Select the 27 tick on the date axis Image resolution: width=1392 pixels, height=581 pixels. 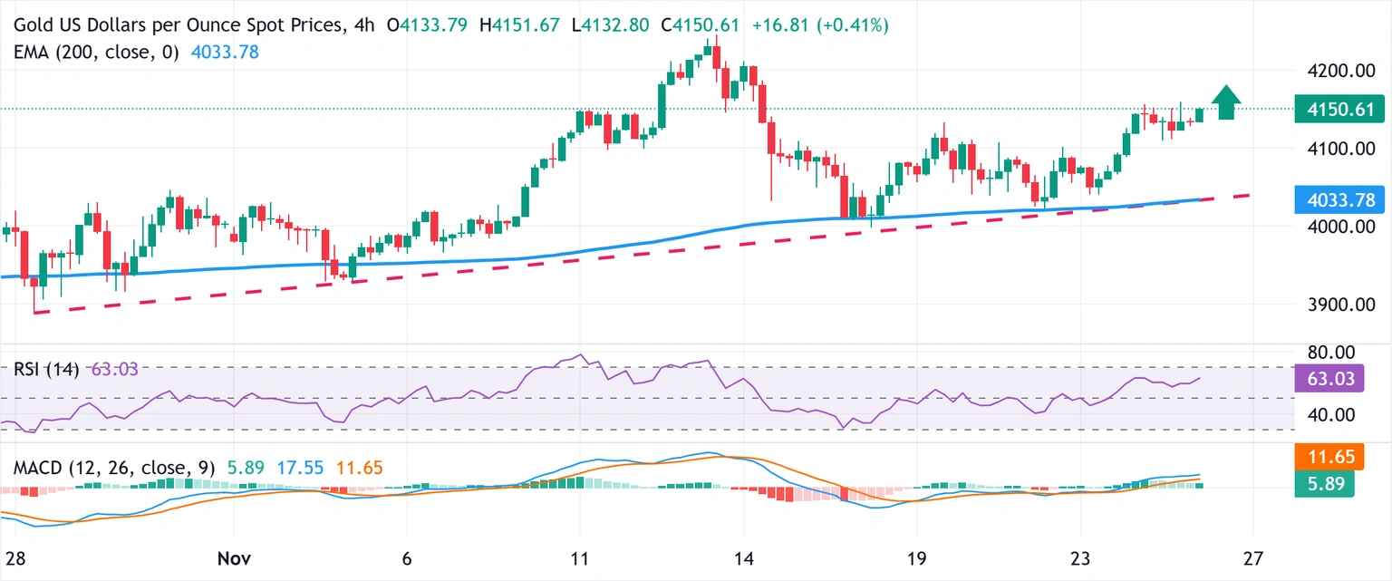[x=1253, y=557]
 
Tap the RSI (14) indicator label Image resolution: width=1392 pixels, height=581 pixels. [x=46, y=369]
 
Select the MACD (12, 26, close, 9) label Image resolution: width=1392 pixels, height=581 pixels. [x=114, y=469]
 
